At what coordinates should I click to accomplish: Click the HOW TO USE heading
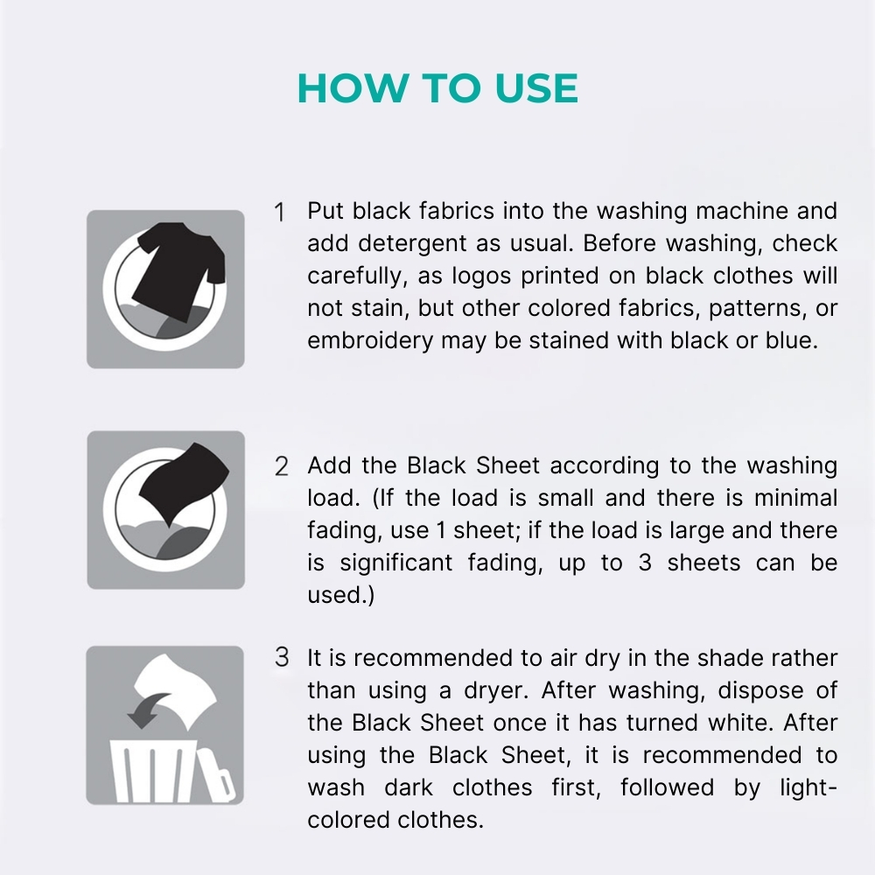click(x=437, y=88)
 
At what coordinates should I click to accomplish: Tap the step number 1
click(x=280, y=213)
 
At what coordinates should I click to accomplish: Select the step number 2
click(x=281, y=466)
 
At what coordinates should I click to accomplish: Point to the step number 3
click(x=281, y=658)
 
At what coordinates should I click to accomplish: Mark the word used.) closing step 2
click(x=334, y=595)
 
